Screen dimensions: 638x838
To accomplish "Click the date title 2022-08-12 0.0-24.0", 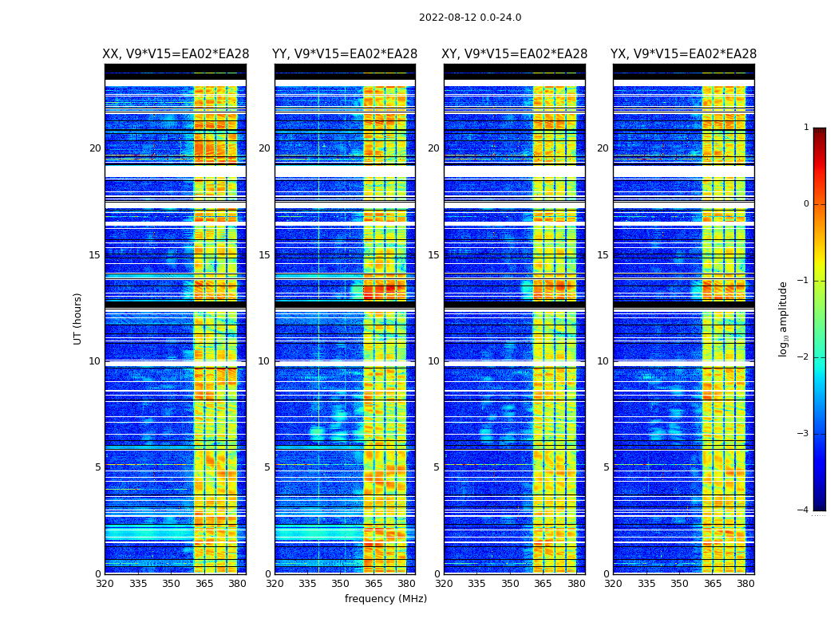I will click(470, 18).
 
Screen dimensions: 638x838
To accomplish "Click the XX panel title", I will click(176, 54).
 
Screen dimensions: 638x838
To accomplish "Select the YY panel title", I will click(345, 54).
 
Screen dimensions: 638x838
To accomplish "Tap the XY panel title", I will click(515, 54).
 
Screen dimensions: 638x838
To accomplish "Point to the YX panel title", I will click(684, 54).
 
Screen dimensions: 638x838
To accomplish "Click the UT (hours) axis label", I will click(78, 318).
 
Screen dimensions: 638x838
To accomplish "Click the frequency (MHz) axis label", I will click(385, 599).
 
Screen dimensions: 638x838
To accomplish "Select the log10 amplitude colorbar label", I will click(783, 318).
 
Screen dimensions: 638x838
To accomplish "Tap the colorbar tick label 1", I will click(806, 128).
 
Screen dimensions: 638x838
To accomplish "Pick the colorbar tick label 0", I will click(806, 204).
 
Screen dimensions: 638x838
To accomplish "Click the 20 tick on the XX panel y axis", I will click(95, 148).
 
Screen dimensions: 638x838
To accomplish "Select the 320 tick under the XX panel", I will click(105, 584).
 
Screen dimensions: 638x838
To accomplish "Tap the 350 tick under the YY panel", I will click(341, 584).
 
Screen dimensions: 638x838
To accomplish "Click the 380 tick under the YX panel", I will click(745, 584).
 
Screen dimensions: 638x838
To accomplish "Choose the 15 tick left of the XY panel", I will click(434, 255).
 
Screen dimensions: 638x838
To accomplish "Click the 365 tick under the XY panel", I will click(543, 584).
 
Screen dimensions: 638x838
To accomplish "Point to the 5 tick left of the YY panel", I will click(267, 467).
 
